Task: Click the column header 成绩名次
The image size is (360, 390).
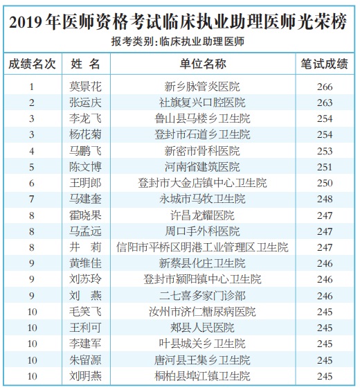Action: click(32, 64)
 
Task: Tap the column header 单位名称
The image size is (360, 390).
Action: click(203, 64)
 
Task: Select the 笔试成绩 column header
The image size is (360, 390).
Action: click(324, 64)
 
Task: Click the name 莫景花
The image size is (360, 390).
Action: click(85, 87)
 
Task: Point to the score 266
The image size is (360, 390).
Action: click(325, 87)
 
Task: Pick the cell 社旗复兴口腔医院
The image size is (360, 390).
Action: click(202, 103)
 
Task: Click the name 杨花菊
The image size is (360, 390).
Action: click(85, 134)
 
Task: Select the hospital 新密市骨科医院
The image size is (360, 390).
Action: click(202, 151)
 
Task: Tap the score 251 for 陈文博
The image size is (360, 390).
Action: click(325, 167)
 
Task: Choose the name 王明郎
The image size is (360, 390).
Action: click(85, 183)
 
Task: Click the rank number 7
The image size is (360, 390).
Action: click(32, 199)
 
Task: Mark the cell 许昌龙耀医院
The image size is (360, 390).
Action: click(202, 215)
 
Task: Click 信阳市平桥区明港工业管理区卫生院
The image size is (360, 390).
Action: click(202, 247)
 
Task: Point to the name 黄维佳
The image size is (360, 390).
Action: click(85, 263)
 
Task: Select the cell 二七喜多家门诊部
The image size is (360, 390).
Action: click(202, 296)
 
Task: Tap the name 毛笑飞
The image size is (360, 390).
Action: click(85, 312)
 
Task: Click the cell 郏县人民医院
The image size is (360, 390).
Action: click(202, 328)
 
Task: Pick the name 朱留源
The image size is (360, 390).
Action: click(85, 360)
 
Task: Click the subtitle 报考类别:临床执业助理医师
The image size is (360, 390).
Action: click(178, 42)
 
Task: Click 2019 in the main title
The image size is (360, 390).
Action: click(26, 22)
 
